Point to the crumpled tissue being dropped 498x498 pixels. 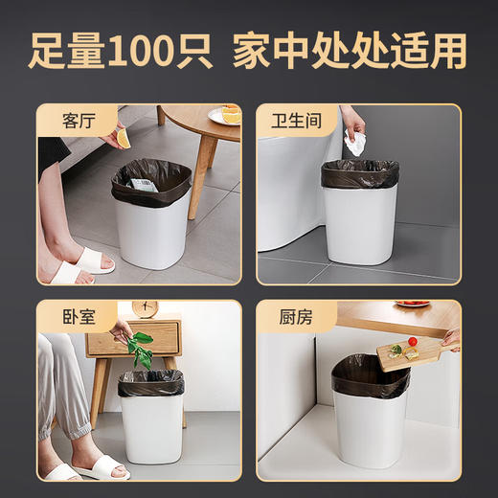355,145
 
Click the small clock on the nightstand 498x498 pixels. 147,309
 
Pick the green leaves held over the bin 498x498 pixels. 141,351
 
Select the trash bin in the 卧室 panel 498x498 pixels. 151,417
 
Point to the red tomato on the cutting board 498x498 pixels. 412,341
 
